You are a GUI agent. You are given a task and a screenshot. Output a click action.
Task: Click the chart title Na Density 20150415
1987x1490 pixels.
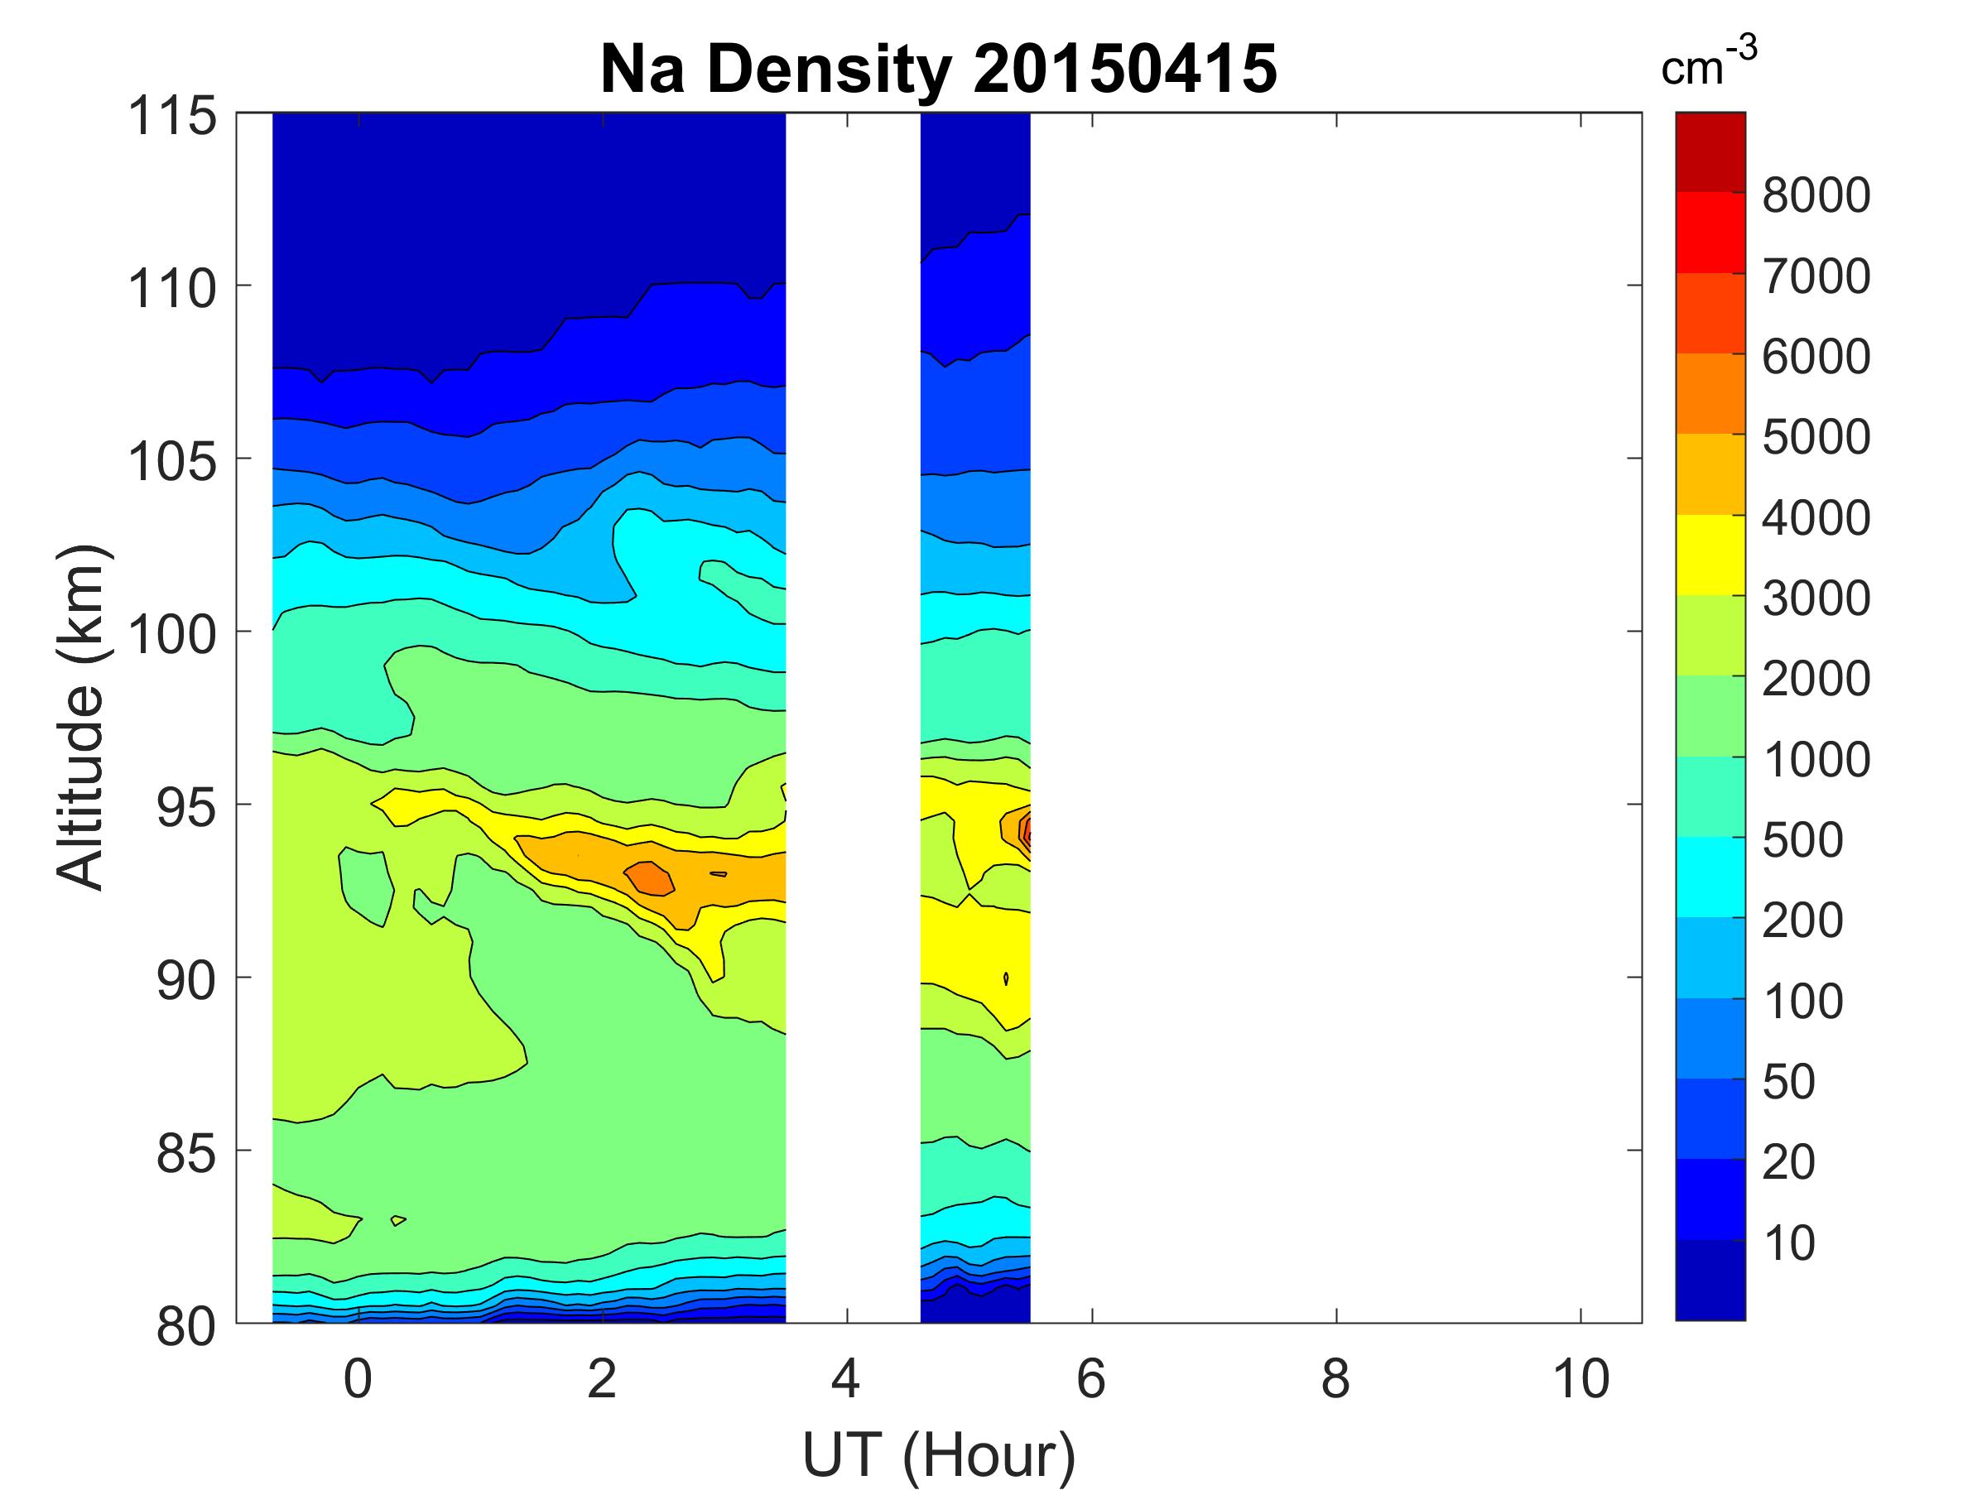pos(938,70)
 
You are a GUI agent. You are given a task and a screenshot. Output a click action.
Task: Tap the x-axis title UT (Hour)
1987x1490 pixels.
pos(938,1454)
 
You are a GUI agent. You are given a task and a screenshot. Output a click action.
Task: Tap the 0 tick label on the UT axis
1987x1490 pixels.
pos(358,1378)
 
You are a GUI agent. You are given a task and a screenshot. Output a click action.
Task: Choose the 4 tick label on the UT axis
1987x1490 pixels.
pos(846,1378)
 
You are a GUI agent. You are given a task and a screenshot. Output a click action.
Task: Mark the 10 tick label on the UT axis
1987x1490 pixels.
pos(1581,1378)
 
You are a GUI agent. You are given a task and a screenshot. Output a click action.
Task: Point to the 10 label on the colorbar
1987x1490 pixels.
pos(1789,1243)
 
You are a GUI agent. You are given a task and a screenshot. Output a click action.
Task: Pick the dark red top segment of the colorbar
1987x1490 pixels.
pos(1710,151)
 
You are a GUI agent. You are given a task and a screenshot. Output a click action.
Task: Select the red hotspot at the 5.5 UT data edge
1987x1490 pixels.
pos(1025,831)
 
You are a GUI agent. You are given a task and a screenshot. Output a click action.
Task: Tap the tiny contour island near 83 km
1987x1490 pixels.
pos(398,1219)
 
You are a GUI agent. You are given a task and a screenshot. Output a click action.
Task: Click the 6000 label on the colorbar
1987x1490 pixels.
pos(1816,357)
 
